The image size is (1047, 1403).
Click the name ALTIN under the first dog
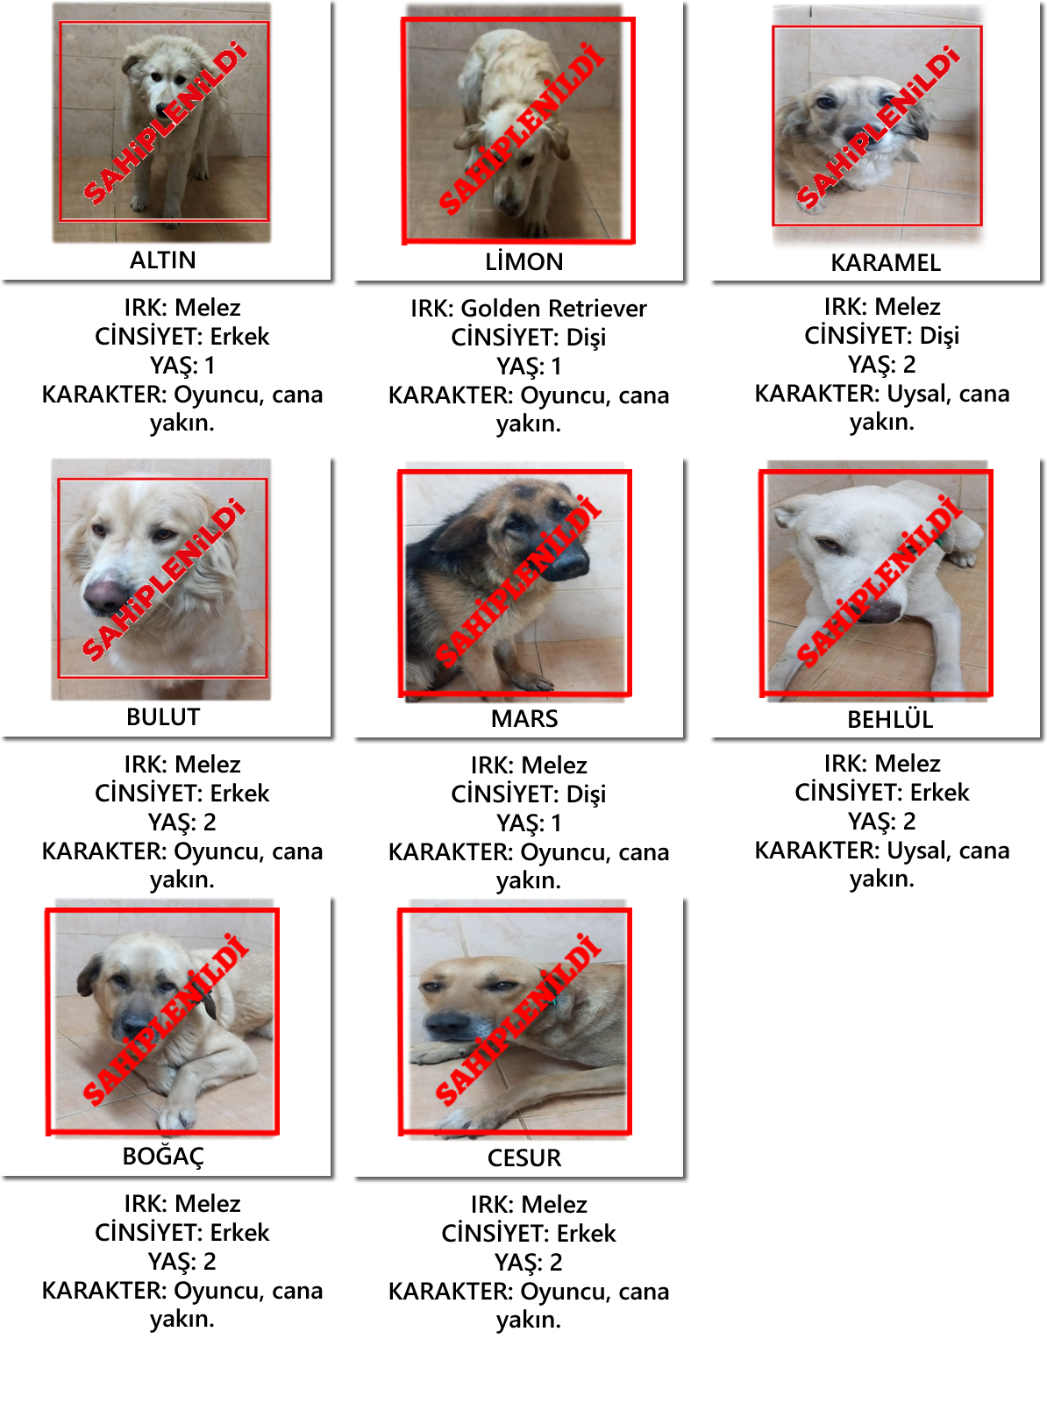163,260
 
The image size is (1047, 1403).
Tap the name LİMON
524,261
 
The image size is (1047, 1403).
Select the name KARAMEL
886,263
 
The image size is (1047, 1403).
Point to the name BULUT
163,717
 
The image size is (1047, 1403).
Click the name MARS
524,718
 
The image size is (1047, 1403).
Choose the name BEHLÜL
890,720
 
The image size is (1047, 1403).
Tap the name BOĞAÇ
163,1157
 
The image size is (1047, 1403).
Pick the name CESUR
524,1158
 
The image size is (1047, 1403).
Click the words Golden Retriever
553,309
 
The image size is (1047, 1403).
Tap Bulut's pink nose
104,595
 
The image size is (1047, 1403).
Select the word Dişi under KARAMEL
939,336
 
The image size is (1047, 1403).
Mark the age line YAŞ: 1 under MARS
529,823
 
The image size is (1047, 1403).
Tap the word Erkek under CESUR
586,1234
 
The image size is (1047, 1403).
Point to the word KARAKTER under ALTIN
103,395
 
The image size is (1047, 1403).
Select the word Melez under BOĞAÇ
208,1204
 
